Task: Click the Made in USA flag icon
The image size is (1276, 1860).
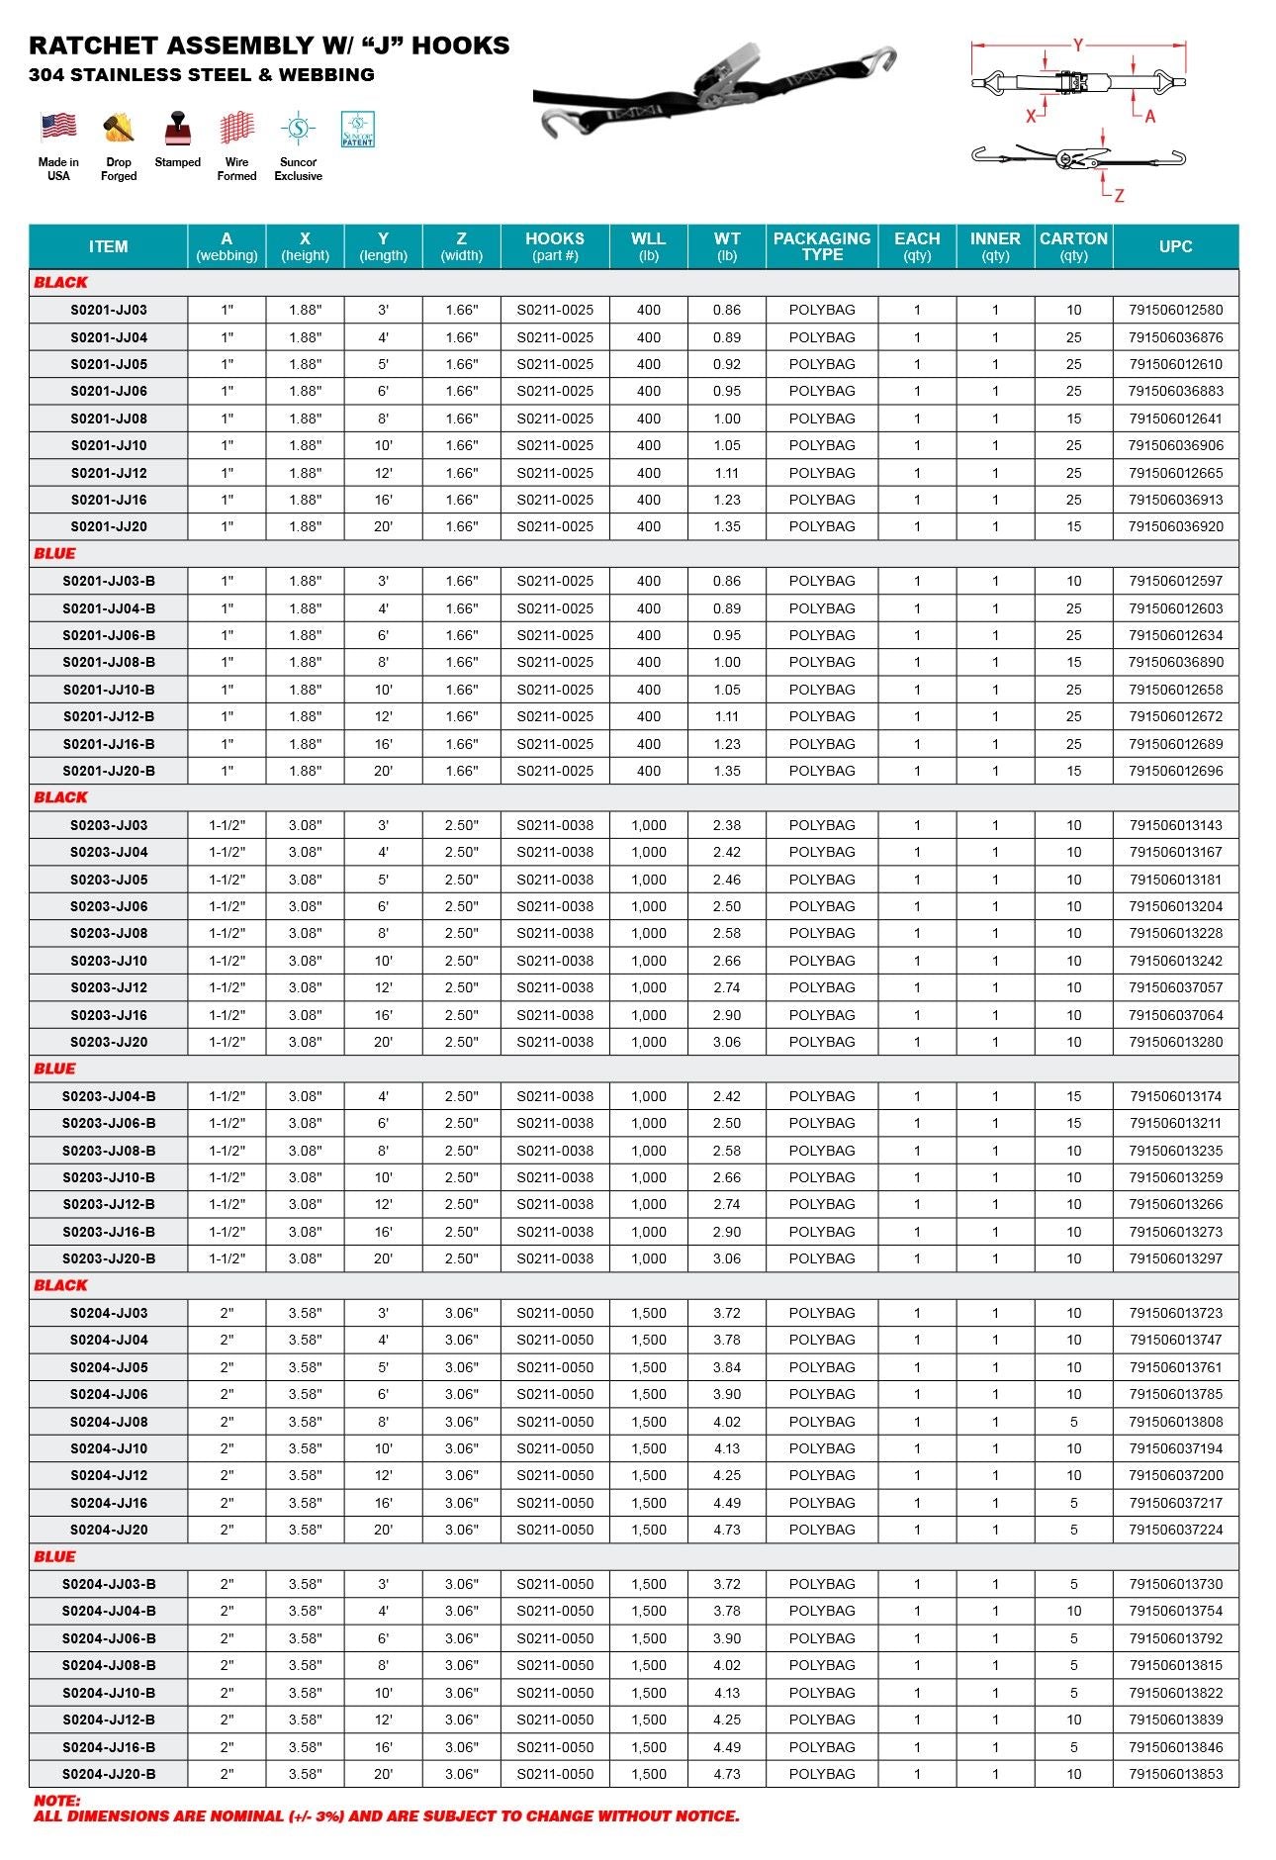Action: (x=58, y=127)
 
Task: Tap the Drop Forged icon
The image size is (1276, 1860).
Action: (x=119, y=128)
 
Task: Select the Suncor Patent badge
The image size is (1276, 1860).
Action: (x=357, y=129)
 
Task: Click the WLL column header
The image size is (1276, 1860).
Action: (x=648, y=246)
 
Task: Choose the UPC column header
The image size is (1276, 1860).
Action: (x=1175, y=246)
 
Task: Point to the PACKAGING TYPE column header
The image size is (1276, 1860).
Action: (x=821, y=246)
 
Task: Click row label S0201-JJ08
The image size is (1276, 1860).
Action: (x=109, y=418)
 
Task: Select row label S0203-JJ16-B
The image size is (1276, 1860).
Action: (x=109, y=1232)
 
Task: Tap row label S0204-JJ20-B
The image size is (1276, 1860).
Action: (x=109, y=1774)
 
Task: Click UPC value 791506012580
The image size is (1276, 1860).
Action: (x=1175, y=310)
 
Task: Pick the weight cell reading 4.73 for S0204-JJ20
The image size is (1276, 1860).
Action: (x=727, y=1530)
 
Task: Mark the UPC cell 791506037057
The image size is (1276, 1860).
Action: (x=1175, y=987)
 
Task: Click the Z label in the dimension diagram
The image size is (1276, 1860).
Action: (x=1119, y=196)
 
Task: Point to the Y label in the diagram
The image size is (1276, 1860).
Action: (x=1078, y=46)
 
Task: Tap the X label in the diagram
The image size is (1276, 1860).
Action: (x=1031, y=116)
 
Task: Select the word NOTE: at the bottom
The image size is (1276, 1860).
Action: (x=57, y=1801)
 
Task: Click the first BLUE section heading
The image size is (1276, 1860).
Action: (x=54, y=553)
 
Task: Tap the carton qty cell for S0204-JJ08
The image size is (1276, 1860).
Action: (x=1073, y=1422)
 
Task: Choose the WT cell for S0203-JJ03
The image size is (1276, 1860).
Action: (x=727, y=825)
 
